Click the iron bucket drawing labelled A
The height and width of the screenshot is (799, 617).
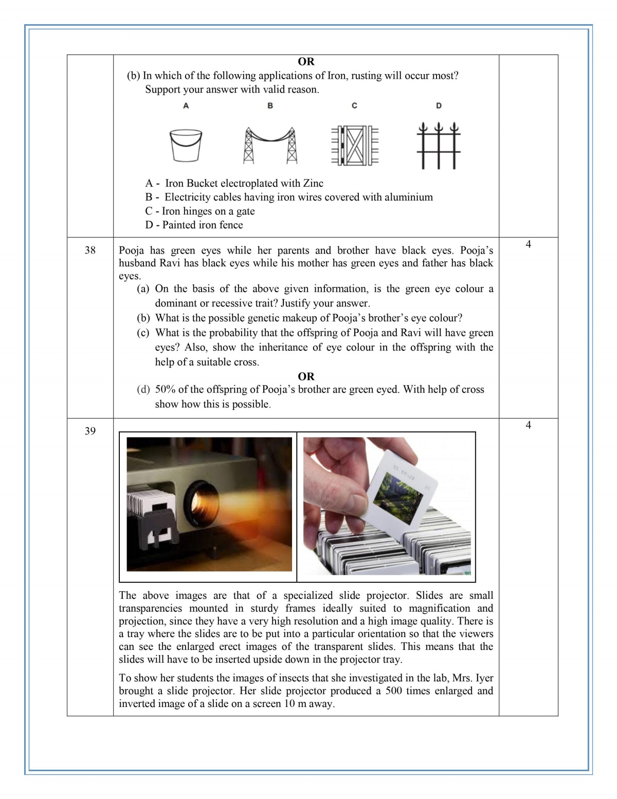click(x=186, y=146)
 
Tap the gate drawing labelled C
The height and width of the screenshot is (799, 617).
click(x=354, y=145)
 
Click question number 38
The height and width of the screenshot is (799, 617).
click(x=90, y=251)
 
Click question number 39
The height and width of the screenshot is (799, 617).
click(x=90, y=431)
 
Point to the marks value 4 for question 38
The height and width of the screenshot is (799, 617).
click(x=528, y=244)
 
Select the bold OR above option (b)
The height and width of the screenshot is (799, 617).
click(x=306, y=62)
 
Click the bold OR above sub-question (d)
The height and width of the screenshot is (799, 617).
click(x=306, y=376)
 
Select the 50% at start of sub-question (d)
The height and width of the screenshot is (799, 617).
click(x=165, y=389)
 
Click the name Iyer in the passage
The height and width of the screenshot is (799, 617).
click(x=484, y=678)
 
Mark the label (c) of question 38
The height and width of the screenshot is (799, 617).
click(x=143, y=332)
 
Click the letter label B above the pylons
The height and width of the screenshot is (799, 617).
click(x=270, y=105)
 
